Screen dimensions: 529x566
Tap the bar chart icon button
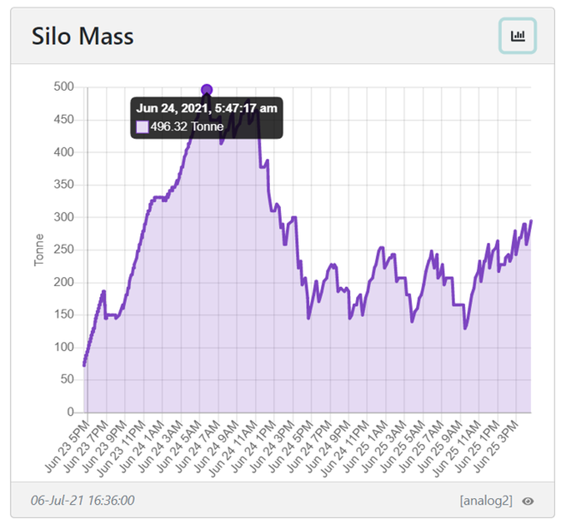[x=517, y=36]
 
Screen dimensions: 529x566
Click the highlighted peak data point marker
[x=207, y=90]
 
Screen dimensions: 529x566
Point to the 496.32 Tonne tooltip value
[x=187, y=126]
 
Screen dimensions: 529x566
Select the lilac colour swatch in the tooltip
[x=142, y=127]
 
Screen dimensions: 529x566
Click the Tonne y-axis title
[x=39, y=249]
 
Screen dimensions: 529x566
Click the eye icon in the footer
[x=527, y=501]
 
